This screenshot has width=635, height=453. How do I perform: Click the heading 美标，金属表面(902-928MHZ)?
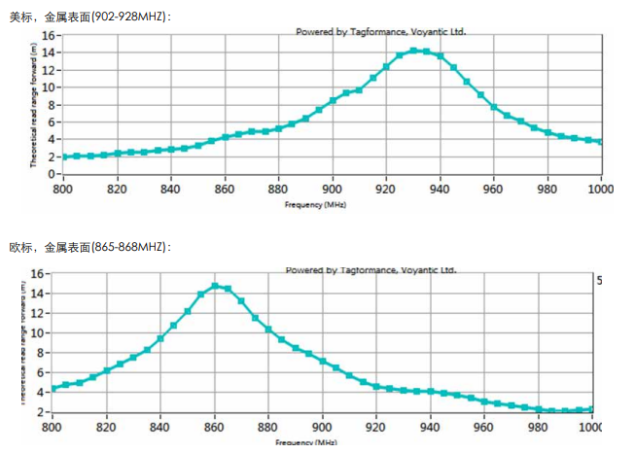[x=88, y=17]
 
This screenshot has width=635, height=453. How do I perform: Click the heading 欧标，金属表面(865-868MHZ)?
[x=88, y=248]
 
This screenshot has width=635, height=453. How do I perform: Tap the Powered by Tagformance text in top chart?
[x=380, y=31]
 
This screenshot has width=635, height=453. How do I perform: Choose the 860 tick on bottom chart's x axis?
[x=214, y=426]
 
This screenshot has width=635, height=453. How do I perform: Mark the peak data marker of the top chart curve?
[x=414, y=51]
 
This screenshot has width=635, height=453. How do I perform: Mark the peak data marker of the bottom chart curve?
[x=215, y=286]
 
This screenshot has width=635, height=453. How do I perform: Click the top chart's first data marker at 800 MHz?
[x=64, y=157]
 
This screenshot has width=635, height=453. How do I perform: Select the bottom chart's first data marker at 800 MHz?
[x=53, y=388]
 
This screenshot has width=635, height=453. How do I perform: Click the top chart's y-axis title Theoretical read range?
[x=33, y=102]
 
